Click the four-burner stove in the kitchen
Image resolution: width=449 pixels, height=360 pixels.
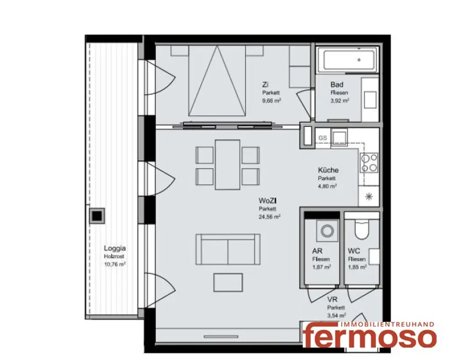[369, 162]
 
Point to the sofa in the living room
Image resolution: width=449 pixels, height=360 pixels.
[228, 249]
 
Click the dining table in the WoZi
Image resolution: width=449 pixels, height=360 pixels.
[228, 164]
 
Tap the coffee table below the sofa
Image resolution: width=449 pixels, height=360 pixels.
[228, 282]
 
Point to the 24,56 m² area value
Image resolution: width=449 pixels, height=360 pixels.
[270, 217]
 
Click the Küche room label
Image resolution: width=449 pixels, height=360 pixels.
[328, 171]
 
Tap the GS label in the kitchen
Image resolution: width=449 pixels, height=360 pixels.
[323, 138]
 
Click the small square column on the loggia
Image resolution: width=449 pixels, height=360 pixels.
[96, 215]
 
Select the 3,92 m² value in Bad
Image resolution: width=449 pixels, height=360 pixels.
[339, 100]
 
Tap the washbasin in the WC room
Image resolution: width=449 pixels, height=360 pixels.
[374, 257]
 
